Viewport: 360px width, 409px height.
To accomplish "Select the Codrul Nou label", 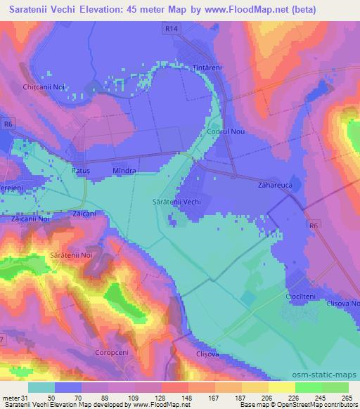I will click(x=226, y=131).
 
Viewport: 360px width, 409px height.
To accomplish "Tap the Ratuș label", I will click(x=82, y=171).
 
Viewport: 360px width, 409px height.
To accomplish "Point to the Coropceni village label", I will click(x=112, y=351).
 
